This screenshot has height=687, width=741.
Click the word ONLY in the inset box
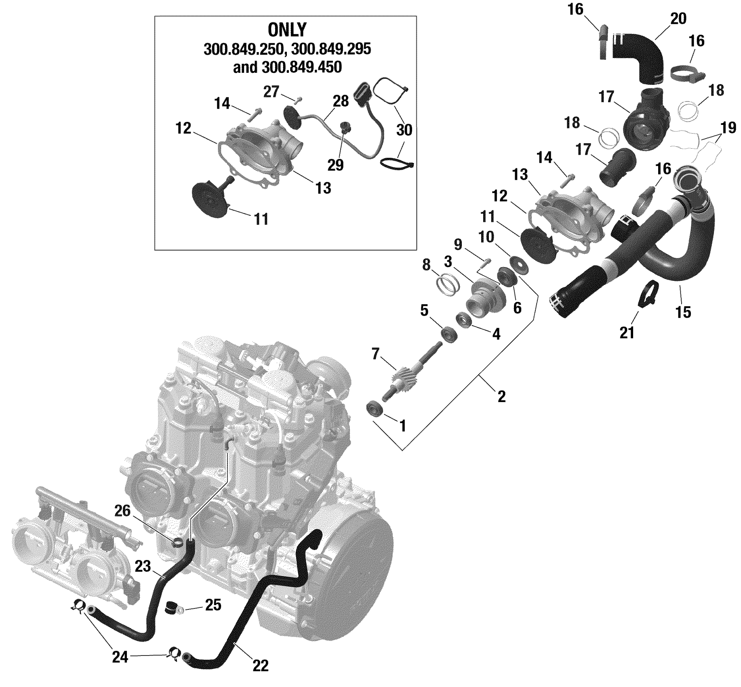(287, 30)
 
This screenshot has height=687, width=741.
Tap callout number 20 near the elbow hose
(678, 19)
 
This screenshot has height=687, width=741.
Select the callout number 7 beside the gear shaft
(375, 354)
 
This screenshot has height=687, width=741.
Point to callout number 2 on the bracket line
(501, 396)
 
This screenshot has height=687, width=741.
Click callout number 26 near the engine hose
(122, 511)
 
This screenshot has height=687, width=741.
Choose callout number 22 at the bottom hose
(260, 666)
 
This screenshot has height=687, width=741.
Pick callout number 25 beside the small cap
(213, 605)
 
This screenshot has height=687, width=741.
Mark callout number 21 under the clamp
(627, 333)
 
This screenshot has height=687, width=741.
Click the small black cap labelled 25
(172, 607)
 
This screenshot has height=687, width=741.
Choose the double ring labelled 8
(448, 285)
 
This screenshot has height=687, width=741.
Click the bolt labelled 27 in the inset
(299, 99)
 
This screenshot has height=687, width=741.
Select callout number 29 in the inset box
(335, 164)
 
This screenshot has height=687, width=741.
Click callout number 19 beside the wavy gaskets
(728, 128)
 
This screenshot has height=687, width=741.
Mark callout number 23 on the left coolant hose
(143, 566)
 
